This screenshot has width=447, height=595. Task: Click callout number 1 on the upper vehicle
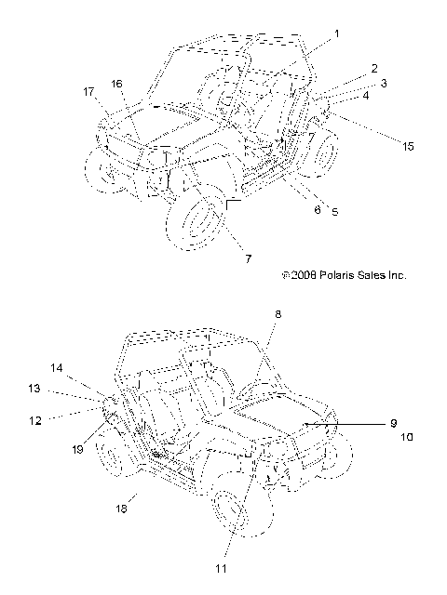[x=336, y=34]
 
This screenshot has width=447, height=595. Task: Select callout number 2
[x=374, y=69]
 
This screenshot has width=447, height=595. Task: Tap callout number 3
[x=384, y=83]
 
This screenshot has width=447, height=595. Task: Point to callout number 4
[x=366, y=96]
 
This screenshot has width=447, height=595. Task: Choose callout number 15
[x=408, y=147]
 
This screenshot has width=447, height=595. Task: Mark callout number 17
[x=88, y=92]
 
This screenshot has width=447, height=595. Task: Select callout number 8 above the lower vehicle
[x=278, y=314]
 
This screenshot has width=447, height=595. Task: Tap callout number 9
[x=393, y=423]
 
